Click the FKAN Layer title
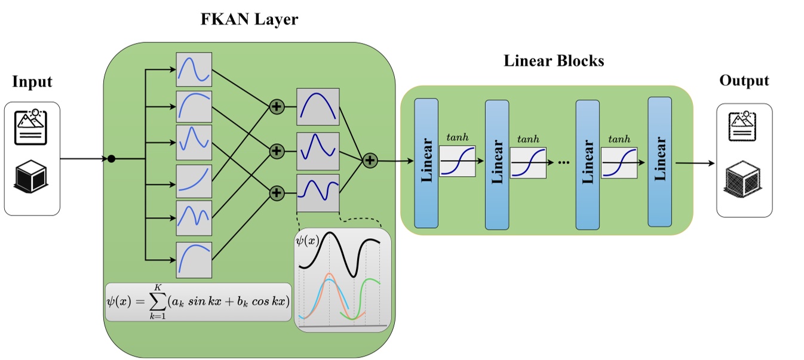pyautogui.click(x=249, y=20)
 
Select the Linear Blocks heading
pyautogui.click(x=554, y=61)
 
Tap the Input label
pyautogui.click(x=32, y=82)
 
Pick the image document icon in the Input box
pyautogui.click(x=31, y=127)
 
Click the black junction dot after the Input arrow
pyautogui.click(x=111, y=159)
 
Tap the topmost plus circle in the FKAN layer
pyautogui.click(x=276, y=107)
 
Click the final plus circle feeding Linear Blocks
pyautogui.click(x=370, y=160)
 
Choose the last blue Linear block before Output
pyautogui.click(x=659, y=161)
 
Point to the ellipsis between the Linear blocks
pyautogui.click(x=561, y=163)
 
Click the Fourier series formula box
pyautogui.click(x=198, y=301)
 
